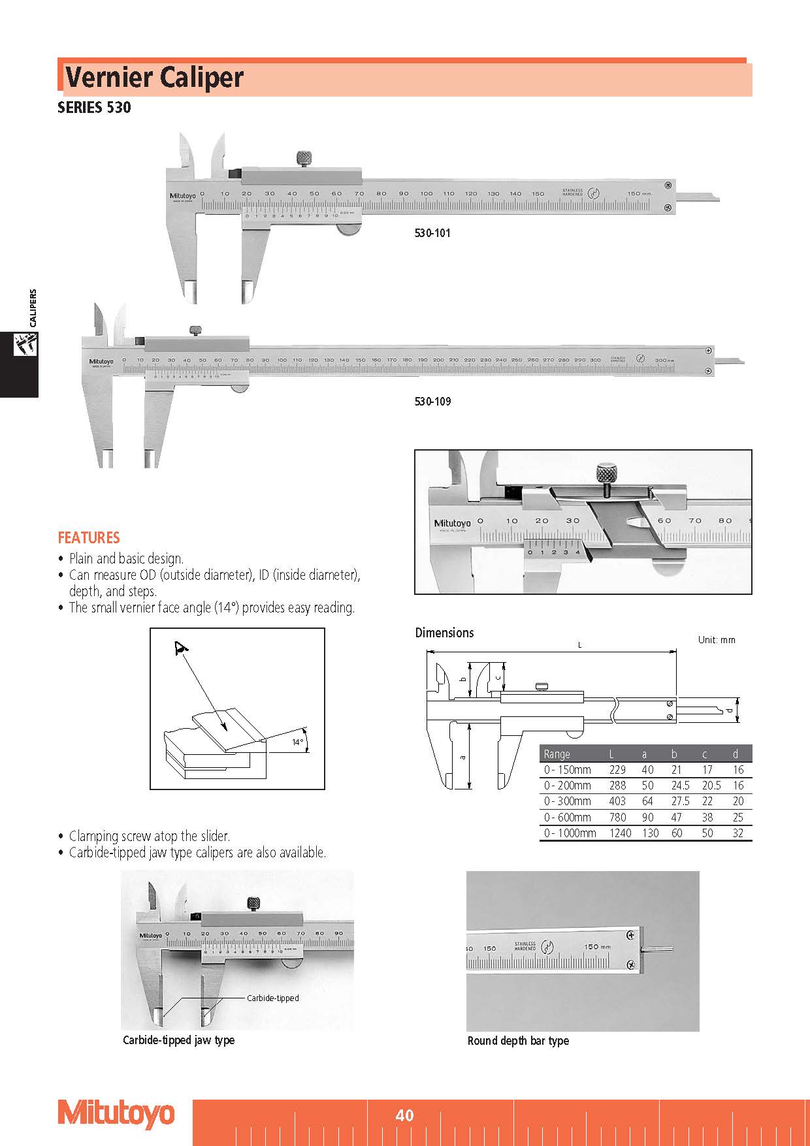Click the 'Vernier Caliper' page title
pos(154,78)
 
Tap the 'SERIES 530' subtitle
pos(94,108)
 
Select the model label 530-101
pos(432,233)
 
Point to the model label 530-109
pos(432,401)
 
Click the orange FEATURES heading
pos(89,537)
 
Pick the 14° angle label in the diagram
pos(297,742)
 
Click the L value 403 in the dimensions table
pos(617,801)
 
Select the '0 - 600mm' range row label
pos(567,817)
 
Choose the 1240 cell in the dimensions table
pos(620,833)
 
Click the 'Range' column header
pos(557,754)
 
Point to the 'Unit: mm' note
pos(717,640)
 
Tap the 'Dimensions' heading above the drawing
pos(444,633)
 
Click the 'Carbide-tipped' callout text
pos(272,998)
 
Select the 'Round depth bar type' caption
pos(518,1041)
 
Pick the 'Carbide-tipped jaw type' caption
pos(178,1040)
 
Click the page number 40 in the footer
pos(404,1115)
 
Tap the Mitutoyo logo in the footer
pos(116,1114)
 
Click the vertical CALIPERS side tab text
pos(33,308)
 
